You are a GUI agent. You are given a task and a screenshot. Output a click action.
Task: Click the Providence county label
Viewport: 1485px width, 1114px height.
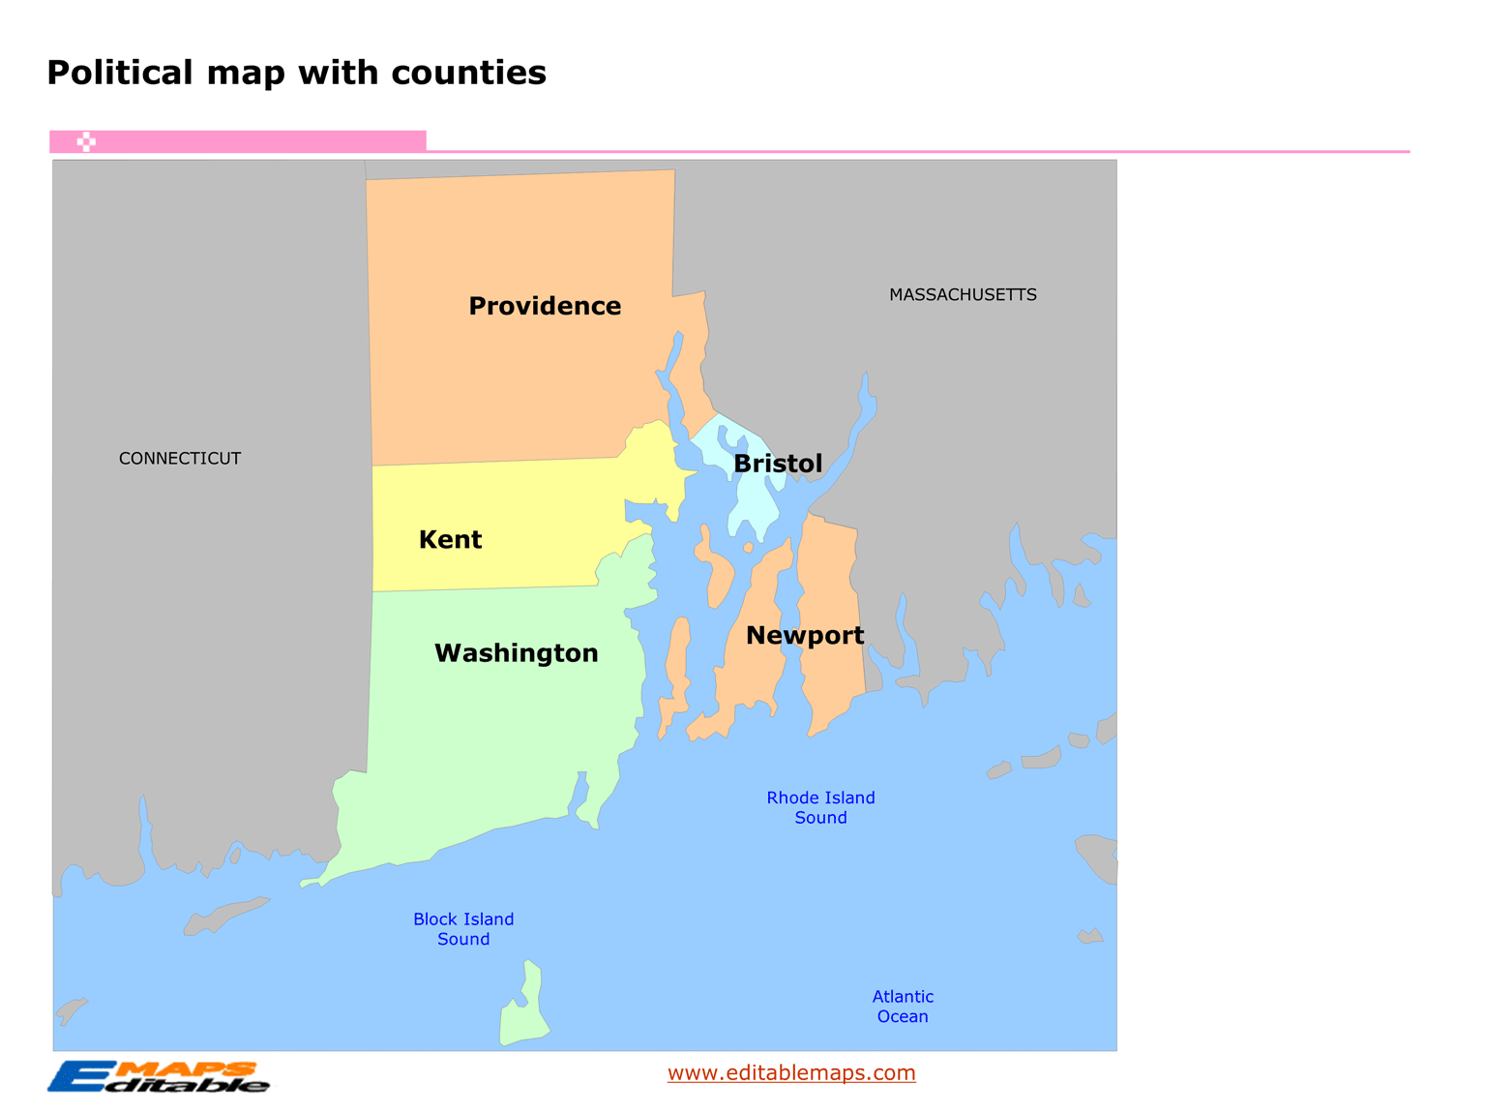pyautogui.click(x=545, y=306)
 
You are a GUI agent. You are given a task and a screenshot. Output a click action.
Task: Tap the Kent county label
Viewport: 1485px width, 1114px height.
pyautogui.click(x=450, y=540)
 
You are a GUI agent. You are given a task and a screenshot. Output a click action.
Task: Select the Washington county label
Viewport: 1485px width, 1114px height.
pyautogui.click(x=516, y=653)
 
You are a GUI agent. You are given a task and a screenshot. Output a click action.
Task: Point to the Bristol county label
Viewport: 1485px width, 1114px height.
pyautogui.click(x=778, y=464)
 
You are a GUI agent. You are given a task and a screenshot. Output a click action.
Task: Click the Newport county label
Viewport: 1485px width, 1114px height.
pyautogui.click(x=805, y=636)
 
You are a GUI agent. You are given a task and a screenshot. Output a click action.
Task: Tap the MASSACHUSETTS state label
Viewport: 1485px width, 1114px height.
pyautogui.click(x=963, y=295)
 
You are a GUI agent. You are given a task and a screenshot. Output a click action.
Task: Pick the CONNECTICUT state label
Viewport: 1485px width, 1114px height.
pyautogui.click(x=180, y=459)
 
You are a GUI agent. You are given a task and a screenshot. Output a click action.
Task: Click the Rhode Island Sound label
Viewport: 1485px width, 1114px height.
pyautogui.click(x=820, y=807)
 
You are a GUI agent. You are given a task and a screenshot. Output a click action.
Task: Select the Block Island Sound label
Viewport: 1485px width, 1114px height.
pyautogui.click(x=463, y=929)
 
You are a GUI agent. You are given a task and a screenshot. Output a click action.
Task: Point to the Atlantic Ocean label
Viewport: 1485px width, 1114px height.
pyautogui.click(x=903, y=1007)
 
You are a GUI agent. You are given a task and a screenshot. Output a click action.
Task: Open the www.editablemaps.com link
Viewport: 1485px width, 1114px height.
pyautogui.click(x=791, y=1072)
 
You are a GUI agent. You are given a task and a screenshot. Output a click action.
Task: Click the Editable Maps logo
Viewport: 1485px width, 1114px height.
pyautogui.click(x=159, y=1076)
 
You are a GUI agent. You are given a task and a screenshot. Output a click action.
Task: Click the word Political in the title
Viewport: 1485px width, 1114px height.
pyautogui.click(x=120, y=73)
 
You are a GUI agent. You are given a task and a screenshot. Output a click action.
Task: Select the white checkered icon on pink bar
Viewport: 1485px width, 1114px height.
pyautogui.click(x=86, y=142)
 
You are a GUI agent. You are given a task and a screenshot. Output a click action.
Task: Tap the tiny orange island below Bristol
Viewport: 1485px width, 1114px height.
pyautogui.click(x=748, y=548)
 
